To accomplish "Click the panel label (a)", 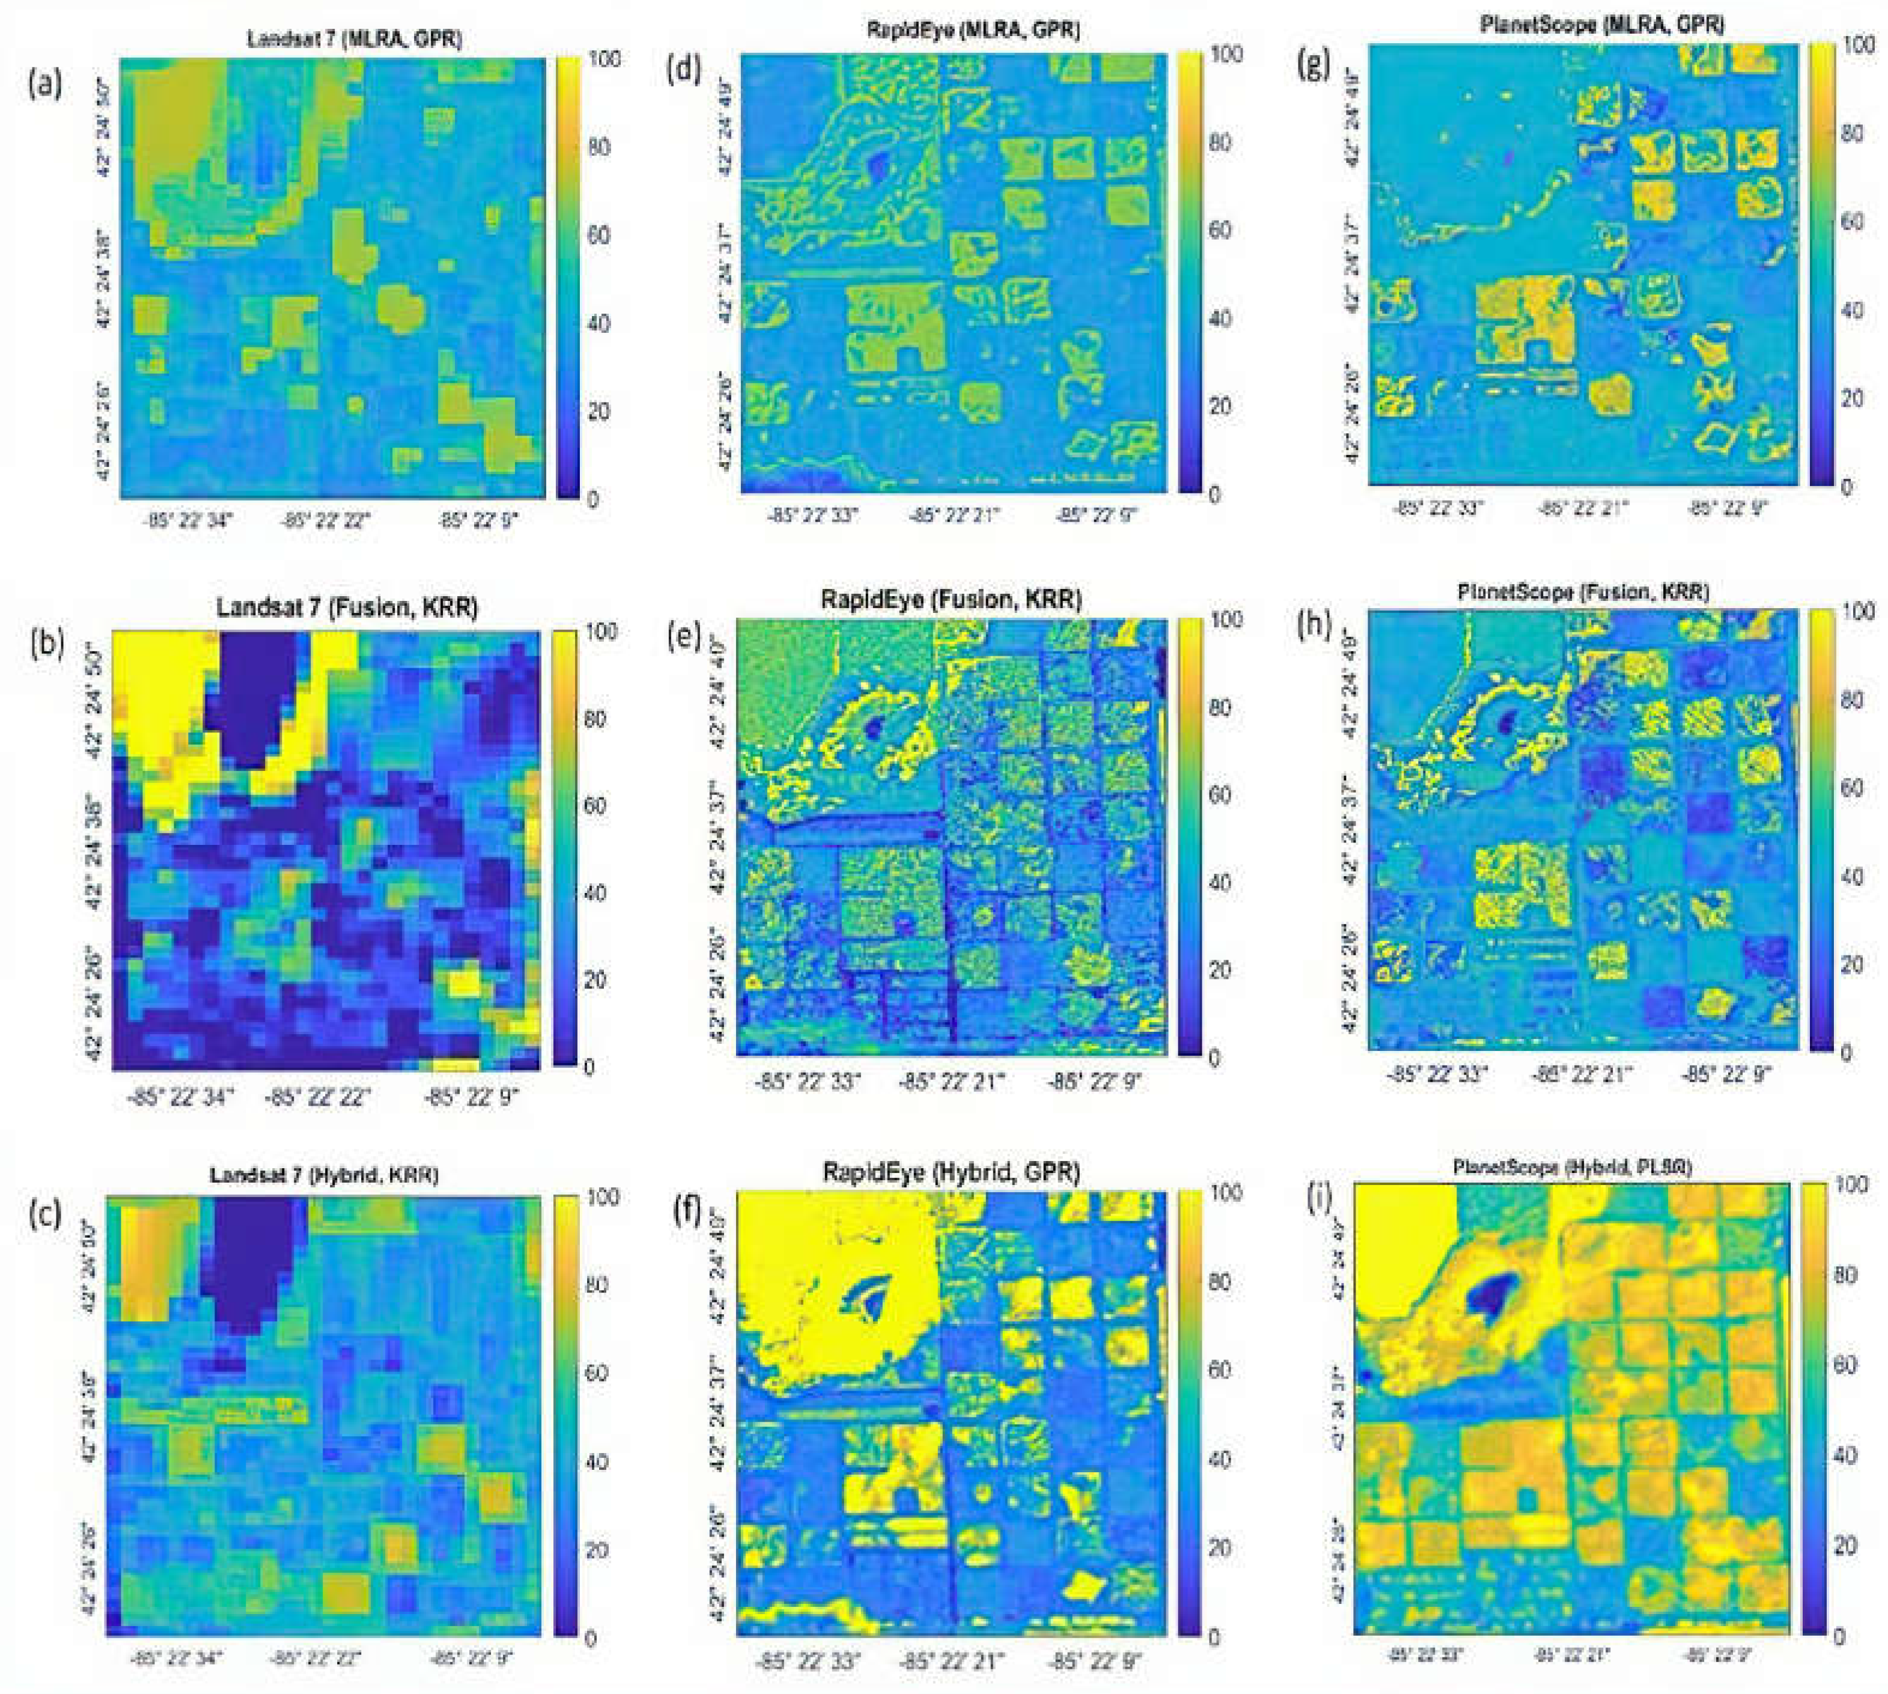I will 44,85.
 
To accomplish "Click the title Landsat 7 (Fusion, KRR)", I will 347,608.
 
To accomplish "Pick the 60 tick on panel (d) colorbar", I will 1219,230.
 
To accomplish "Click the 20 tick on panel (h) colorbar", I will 1852,964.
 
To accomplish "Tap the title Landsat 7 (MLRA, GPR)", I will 355,40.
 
